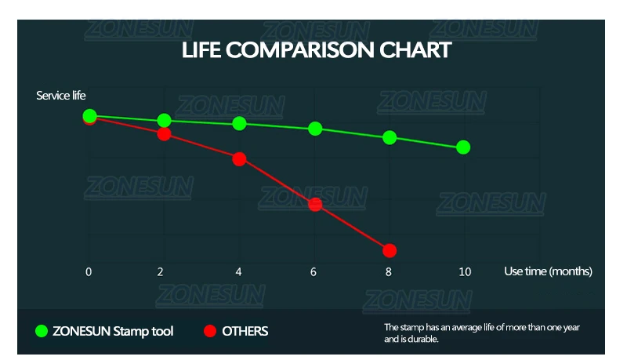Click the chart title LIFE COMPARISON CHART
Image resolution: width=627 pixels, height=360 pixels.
coord(316,50)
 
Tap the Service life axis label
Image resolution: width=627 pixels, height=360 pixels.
coord(61,96)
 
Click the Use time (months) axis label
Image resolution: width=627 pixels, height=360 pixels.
coord(548,271)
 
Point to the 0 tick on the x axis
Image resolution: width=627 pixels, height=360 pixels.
coord(89,271)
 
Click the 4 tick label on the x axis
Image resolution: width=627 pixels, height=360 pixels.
coord(239,271)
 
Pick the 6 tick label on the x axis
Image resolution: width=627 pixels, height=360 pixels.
coord(314,271)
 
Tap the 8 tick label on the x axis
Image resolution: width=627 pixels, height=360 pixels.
coord(389,271)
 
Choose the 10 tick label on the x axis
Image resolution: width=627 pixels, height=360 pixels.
coord(464,271)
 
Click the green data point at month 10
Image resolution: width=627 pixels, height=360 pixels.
coord(463,147)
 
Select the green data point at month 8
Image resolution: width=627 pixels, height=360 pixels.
coord(390,137)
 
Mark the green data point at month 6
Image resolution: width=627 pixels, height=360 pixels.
coord(315,129)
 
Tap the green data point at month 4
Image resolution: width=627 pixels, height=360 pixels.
coord(240,123)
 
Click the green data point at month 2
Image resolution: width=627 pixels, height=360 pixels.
coord(165,120)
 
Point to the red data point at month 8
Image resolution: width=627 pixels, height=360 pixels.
coord(390,250)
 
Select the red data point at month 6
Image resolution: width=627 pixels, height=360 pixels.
coord(315,205)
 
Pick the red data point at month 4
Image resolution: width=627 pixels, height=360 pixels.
coord(240,158)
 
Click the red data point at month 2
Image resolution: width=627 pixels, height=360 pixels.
coord(164,134)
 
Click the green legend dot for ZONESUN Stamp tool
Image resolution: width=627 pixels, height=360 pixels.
coord(42,331)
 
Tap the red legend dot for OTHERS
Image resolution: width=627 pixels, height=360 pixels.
coord(209,331)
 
